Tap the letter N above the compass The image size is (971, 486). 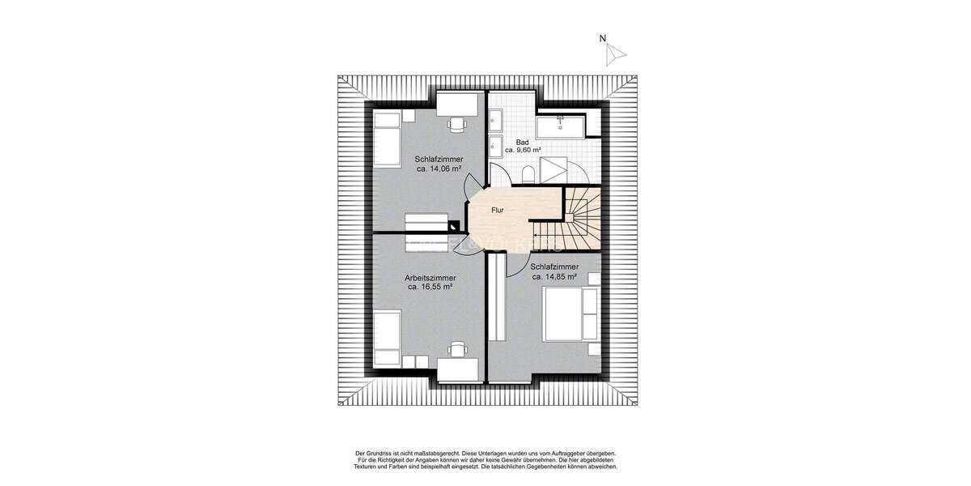[x=602, y=38]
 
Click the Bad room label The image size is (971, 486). [x=523, y=142]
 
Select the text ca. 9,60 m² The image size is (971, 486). [x=523, y=151]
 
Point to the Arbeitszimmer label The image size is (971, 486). [x=429, y=277]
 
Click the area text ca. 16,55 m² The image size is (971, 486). [x=429, y=287]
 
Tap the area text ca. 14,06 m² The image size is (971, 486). [x=439, y=169]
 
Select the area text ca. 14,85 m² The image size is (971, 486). [x=554, y=276]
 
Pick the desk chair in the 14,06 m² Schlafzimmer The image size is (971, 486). [x=458, y=124]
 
